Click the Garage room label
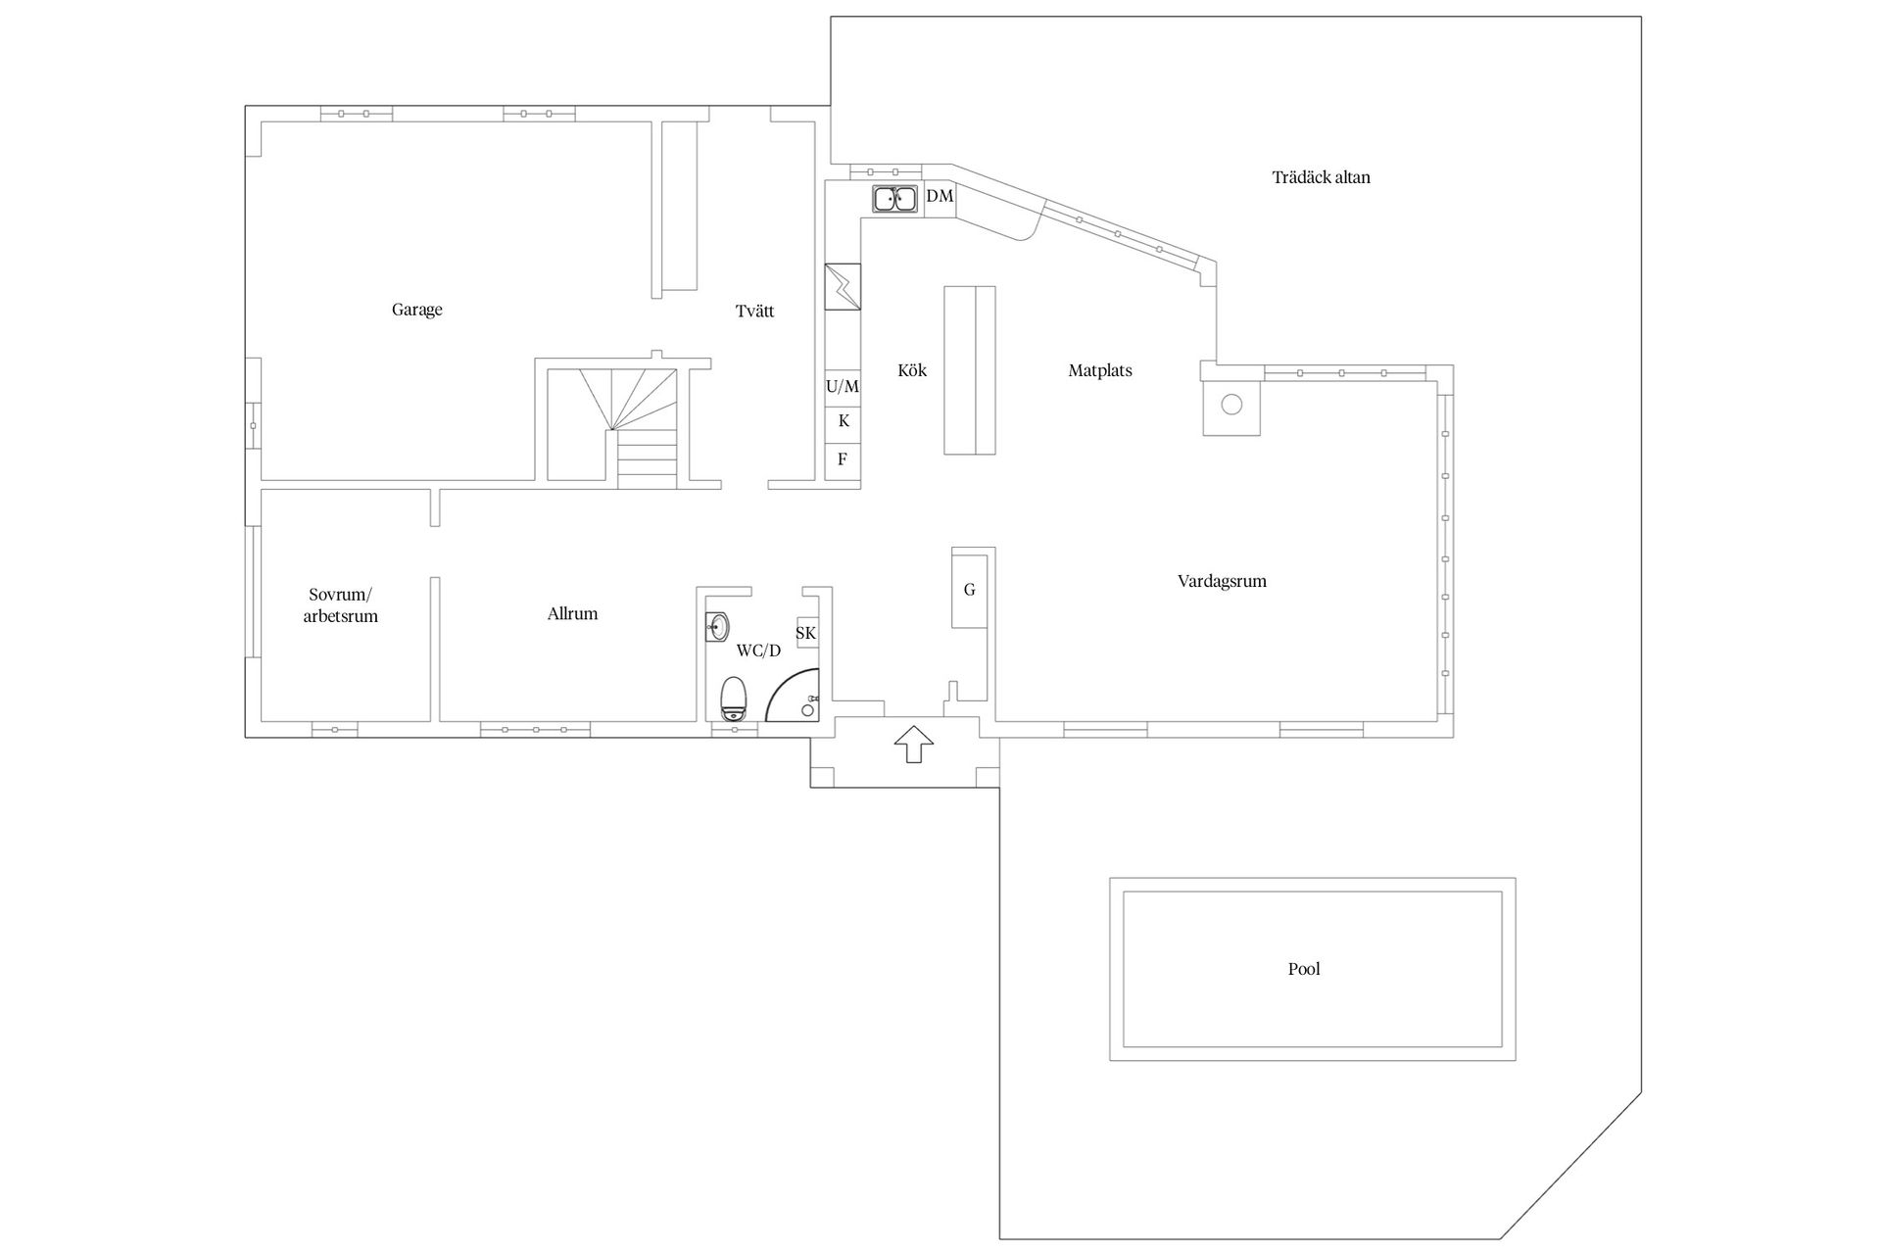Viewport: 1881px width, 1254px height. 417,310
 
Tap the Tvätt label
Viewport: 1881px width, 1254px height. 754,312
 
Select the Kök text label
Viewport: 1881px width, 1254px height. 912,370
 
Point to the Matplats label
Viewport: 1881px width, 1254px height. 1100,370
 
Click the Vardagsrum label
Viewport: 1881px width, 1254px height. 1222,581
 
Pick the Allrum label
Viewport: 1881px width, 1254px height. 572,614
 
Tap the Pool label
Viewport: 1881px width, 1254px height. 1304,969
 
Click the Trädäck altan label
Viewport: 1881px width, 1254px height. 1321,177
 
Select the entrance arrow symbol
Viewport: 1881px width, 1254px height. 914,745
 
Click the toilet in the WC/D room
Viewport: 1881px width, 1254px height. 734,699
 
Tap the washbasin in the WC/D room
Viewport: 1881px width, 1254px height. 717,625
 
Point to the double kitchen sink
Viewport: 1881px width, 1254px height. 894,199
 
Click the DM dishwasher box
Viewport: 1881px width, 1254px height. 940,197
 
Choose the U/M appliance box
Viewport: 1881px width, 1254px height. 843,387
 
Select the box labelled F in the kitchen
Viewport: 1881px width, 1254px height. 843,459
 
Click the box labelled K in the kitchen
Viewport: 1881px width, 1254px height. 843,422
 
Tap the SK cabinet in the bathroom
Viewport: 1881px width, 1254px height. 806,634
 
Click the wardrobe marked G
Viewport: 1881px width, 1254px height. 970,589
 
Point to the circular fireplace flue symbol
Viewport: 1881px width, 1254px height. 1231,404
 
